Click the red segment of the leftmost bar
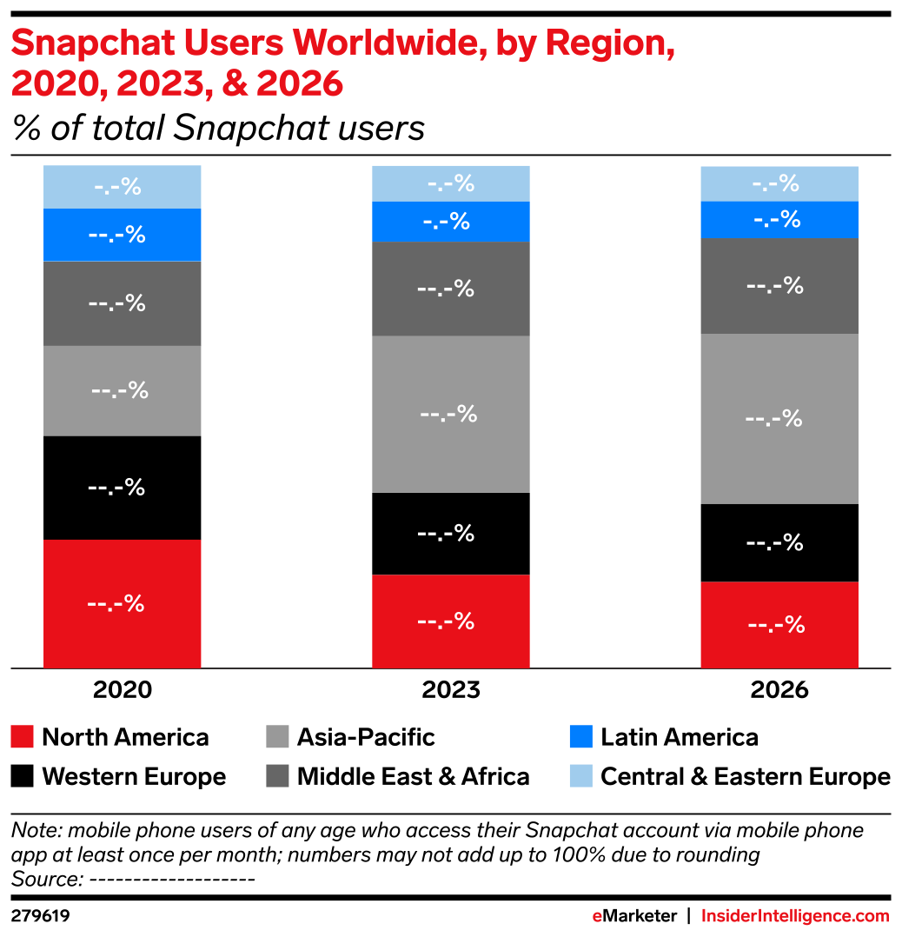click(123, 603)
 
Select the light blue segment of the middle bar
click(451, 183)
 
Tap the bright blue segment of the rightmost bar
click(779, 219)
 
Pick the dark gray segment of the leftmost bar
click(123, 303)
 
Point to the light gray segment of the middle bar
click(451, 414)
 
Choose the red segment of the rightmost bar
click(779, 624)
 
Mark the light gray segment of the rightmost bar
click(779, 418)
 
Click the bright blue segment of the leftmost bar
click(123, 235)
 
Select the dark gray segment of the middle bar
click(451, 289)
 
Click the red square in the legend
click(23, 736)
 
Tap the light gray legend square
click(277, 736)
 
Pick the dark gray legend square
click(277, 775)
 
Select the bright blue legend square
click(580, 736)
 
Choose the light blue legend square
click(580, 775)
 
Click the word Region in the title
click(609, 44)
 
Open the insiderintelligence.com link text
click(795, 916)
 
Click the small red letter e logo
click(597, 917)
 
